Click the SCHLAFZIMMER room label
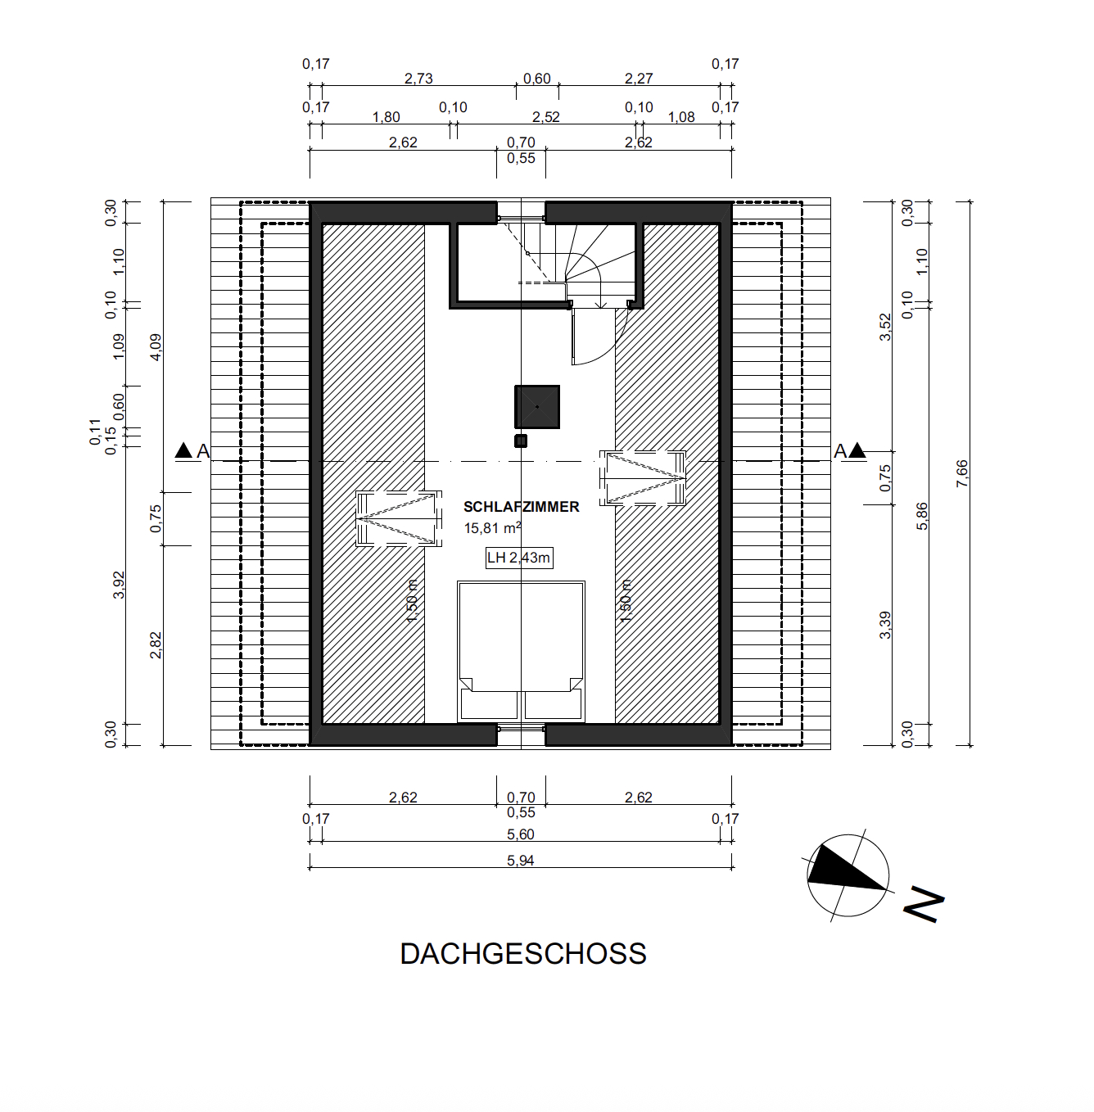(521, 507)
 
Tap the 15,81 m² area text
(492, 528)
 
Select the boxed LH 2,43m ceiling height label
(518, 558)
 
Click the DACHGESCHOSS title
(523, 954)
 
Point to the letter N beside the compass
(924, 905)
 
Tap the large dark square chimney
(537, 407)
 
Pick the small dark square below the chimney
(521, 441)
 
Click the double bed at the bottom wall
(521, 652)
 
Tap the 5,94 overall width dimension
(521, 861)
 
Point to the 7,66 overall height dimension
(962, 473)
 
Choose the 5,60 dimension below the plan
(521, 834)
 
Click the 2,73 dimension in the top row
(418, 79)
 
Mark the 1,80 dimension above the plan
(387, 117)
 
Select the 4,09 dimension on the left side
(156, 347)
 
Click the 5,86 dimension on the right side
(922, 516)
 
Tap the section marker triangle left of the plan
(183, 450)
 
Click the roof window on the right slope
(643, 478)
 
